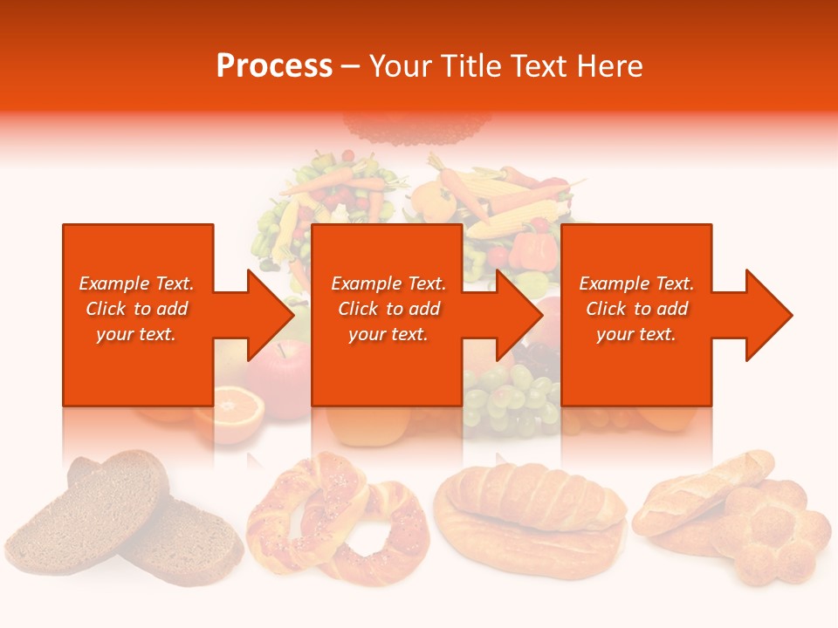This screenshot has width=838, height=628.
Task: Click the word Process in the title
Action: click(x=274, y=66)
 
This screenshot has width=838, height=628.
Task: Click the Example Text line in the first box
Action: click(x=136, y=283)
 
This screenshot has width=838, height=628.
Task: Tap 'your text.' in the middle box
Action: click(x=388, y=334)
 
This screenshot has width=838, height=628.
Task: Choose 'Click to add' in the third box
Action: click(x=636, y=309)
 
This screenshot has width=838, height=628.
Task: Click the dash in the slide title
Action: click(x=349, y=66)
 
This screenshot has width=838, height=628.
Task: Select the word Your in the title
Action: click(x=402, y=66)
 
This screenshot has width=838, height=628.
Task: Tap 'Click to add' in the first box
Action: click(x=136, y=309)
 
